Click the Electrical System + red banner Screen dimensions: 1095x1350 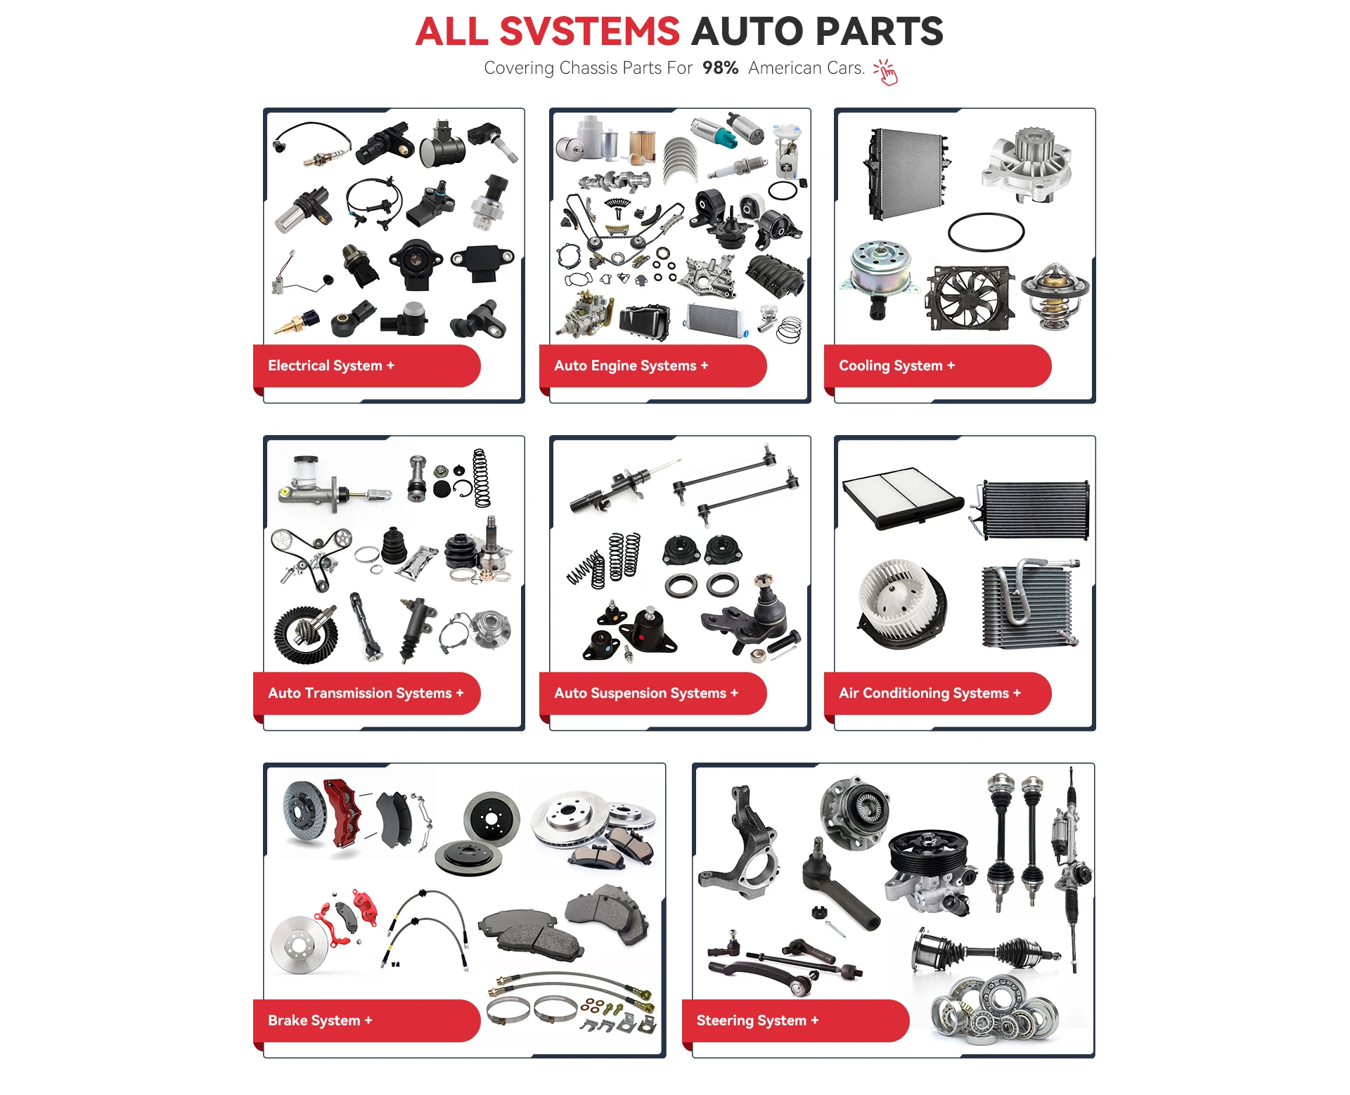[366, 365]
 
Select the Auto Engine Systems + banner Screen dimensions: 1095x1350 [652, 365]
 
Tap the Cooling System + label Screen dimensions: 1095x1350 [937, 365]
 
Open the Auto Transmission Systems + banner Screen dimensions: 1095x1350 [366, 693]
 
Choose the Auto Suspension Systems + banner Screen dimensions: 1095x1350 [652, 693]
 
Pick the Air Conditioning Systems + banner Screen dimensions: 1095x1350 [937, 693]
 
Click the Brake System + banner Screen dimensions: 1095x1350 [366, 1021]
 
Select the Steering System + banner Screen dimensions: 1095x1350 [795, 1021]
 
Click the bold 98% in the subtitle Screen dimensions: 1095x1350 [720, 68]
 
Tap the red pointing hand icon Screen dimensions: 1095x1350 [887, 72]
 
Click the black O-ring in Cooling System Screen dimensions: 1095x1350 [986, 231]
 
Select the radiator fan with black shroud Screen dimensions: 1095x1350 [970, 297]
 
